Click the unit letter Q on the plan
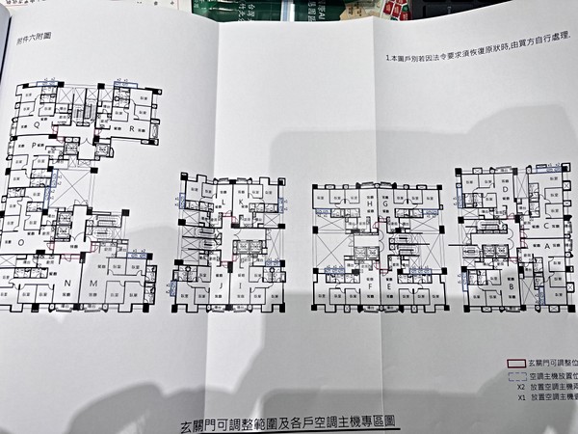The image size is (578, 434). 37,124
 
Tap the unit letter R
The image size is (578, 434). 130,126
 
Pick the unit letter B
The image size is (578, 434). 510,286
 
